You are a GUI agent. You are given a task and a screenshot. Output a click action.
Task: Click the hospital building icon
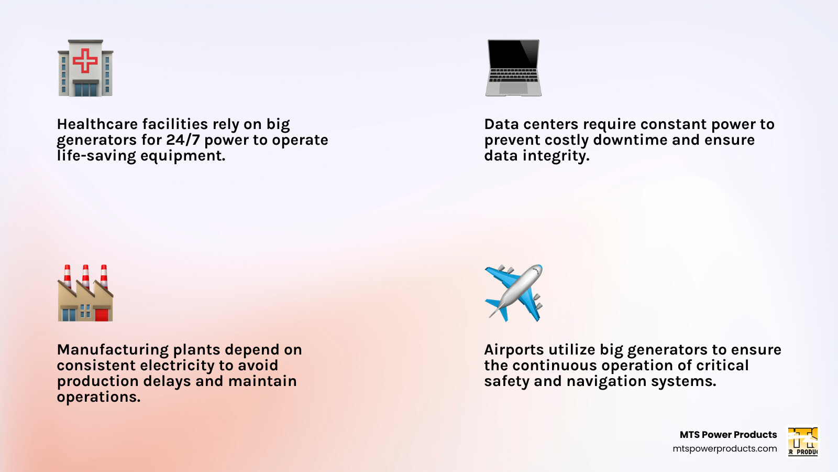[85, 68]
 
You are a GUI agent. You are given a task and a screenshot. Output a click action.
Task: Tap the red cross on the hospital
[85, 60]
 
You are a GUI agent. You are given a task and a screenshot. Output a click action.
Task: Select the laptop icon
[513, 68]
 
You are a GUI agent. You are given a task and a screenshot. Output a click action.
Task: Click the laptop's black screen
[513, 54]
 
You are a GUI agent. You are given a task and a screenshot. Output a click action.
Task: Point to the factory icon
[85, 293]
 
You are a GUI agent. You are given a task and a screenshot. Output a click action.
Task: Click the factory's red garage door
[102, 314]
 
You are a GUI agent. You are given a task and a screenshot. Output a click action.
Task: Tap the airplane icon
[513, 293]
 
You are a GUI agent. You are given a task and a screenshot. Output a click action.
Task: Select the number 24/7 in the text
[183, 140]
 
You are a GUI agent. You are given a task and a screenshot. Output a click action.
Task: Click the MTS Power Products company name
[728, 435]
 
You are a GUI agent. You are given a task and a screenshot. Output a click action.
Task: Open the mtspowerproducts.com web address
[725, 449]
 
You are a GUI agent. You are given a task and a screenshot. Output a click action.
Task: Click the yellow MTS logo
[803, 441]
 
